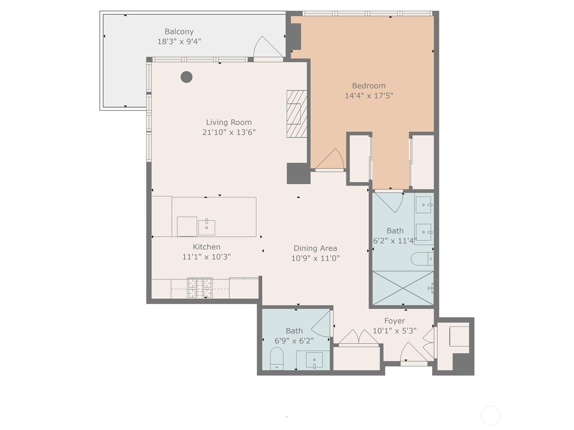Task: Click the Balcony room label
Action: coord(179,32)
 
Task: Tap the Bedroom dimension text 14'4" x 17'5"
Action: coord(369,96)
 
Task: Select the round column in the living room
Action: coord(187,77)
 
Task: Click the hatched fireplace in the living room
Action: coord(297,114)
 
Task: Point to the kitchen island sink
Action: coord(207,227)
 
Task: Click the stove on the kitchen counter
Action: coord(200,288)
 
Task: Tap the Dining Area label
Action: coord(315,248)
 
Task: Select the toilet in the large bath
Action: coord(422,259)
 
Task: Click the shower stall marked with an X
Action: coord(403,288)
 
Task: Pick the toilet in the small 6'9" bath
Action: coord(277,358)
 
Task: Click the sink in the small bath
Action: coord(314,360)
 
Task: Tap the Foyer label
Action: coord(395,321)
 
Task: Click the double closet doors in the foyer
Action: coord(358,337)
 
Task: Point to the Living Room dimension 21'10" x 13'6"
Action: coord(229,132)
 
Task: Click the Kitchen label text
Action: coord(207,247)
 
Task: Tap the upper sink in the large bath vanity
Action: coord(424,205)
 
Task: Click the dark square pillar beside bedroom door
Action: coord(298,173)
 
